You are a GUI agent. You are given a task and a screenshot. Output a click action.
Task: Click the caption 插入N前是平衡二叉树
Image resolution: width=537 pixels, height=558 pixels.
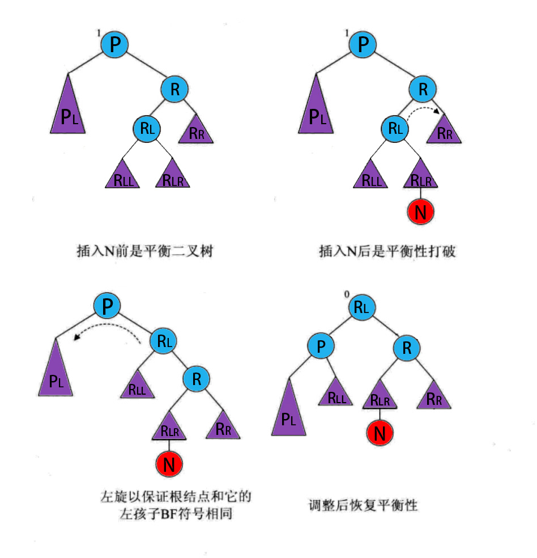(144, 251)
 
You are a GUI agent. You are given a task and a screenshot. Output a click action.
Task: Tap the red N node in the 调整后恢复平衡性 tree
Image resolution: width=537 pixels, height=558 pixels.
(380, 434)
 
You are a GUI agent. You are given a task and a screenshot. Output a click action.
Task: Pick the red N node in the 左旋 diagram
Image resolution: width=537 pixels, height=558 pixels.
(168, 464)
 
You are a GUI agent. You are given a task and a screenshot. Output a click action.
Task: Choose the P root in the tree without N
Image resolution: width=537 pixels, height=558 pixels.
(115, 44)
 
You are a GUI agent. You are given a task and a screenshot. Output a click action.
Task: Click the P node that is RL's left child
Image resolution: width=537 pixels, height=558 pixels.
(321, 347)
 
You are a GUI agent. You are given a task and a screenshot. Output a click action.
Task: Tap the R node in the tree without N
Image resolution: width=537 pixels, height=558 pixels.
(174, 89)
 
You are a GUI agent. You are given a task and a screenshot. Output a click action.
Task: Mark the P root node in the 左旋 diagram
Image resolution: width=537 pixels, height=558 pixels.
(108, 307)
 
